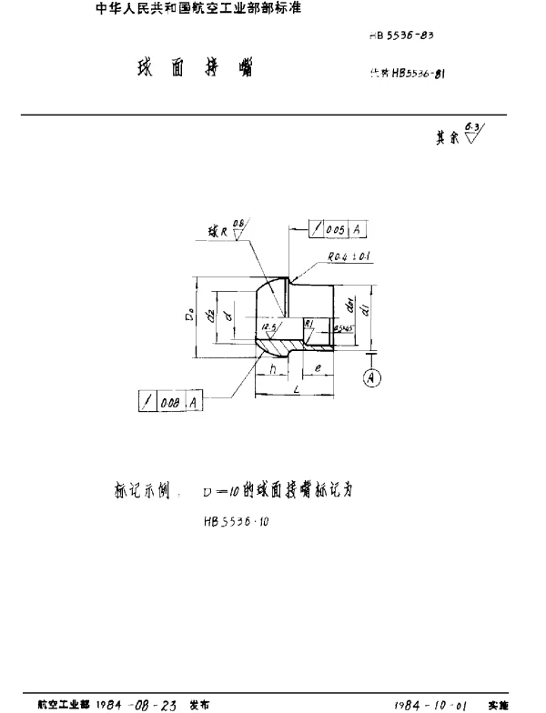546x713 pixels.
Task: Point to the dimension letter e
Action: click(317, 367)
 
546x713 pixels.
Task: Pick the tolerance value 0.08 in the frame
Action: click(171, 401)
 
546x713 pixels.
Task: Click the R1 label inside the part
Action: click(308, 323)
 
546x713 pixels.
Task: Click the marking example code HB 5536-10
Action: click(238, 522)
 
